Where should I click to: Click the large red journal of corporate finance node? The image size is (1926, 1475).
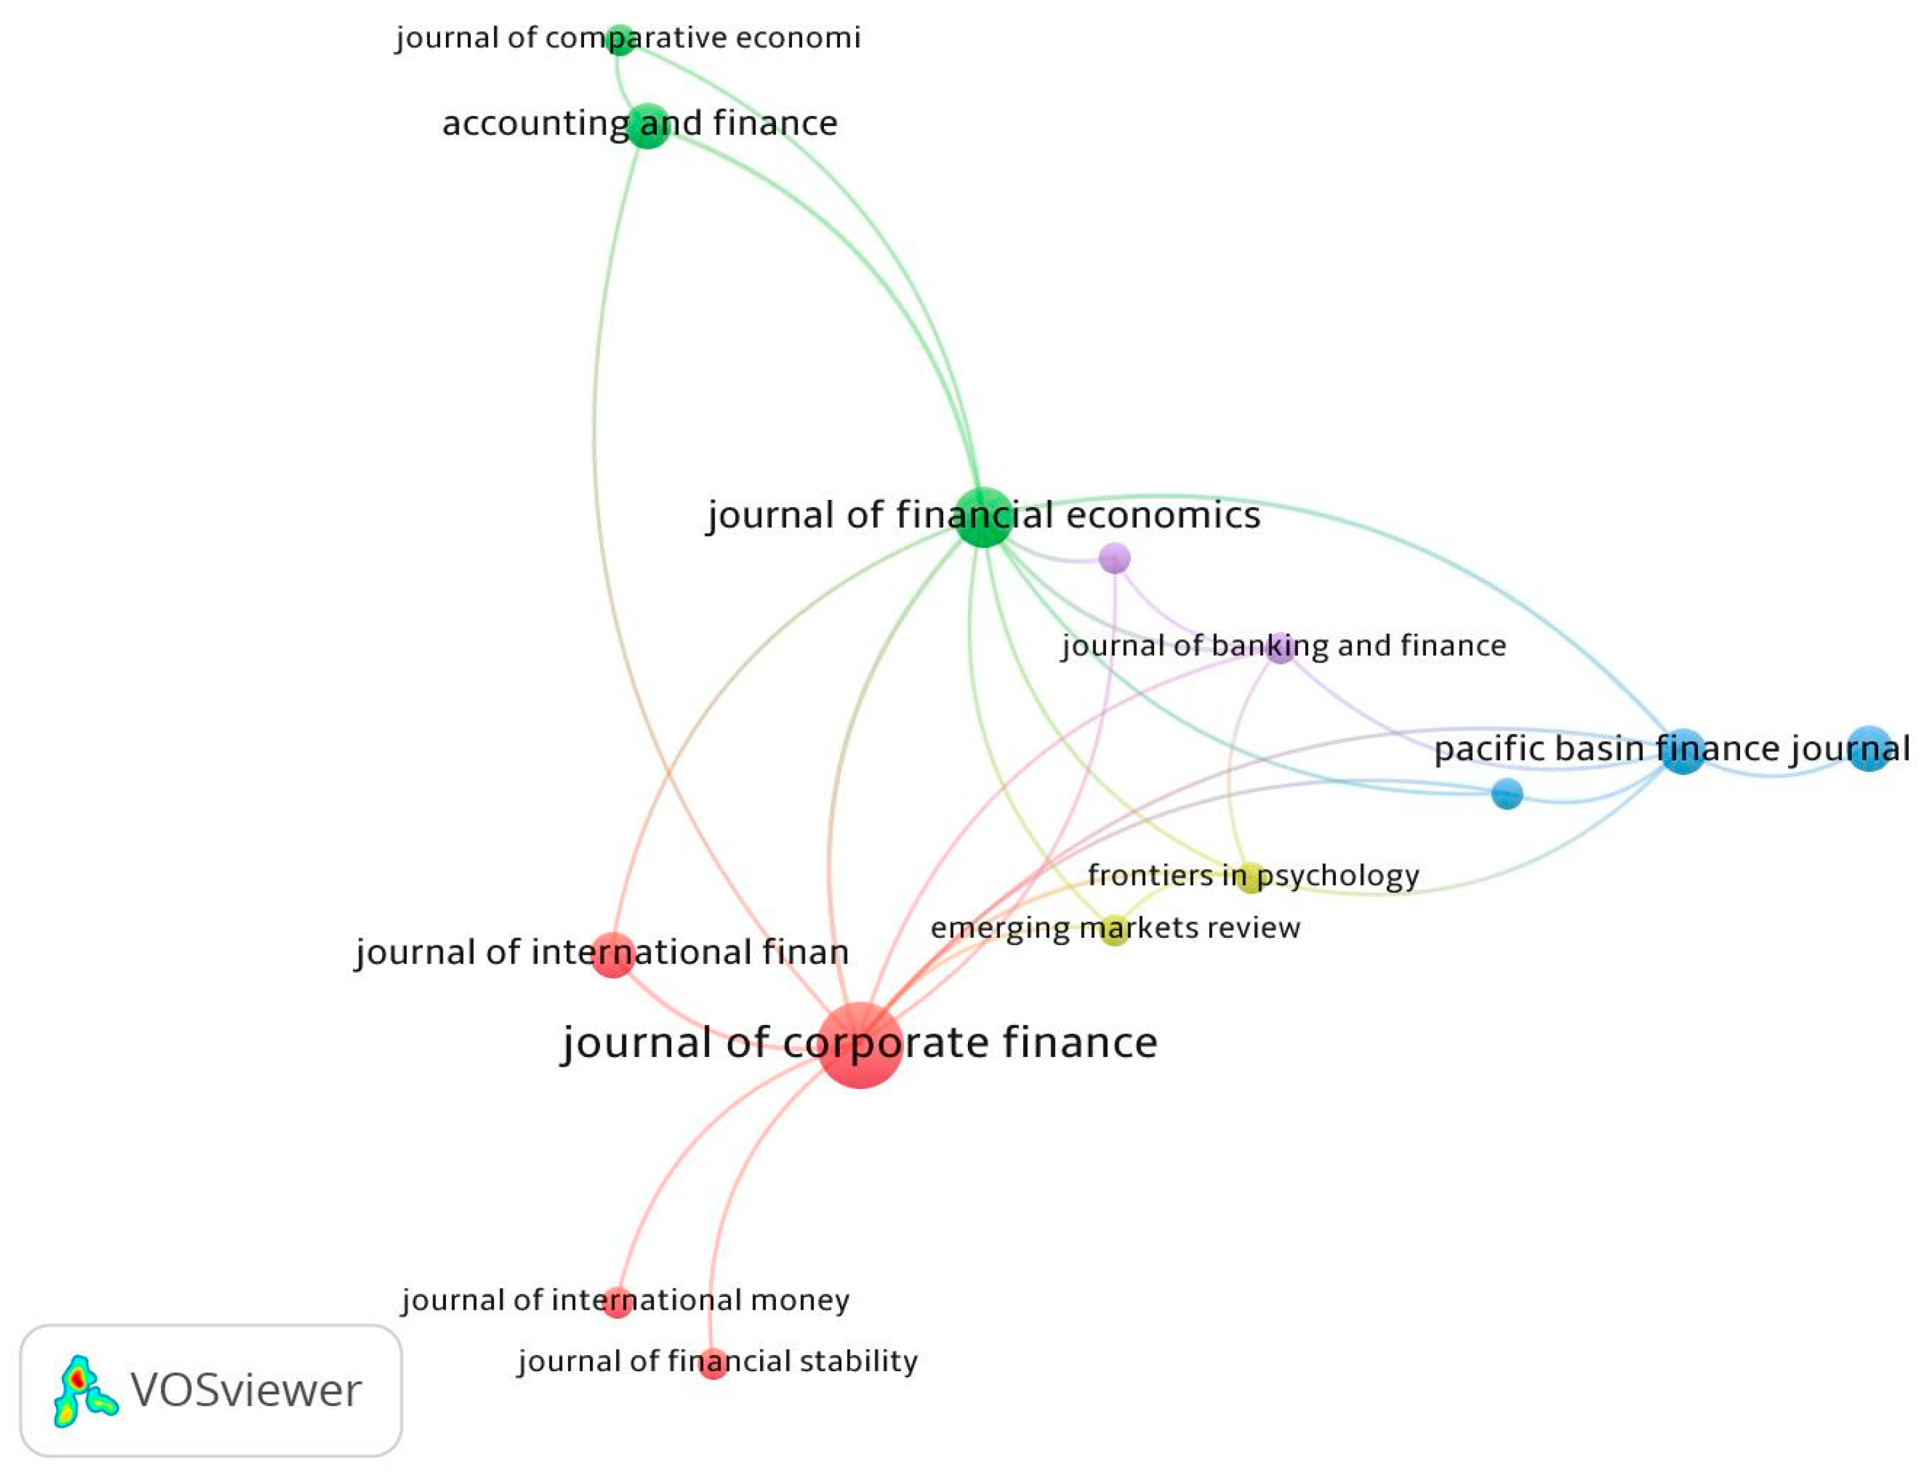click(860, 1045)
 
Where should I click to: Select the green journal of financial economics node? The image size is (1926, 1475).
click(983, 517)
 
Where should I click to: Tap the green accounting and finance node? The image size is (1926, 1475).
click(648, 125)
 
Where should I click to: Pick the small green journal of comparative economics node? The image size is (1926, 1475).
click(621, 39)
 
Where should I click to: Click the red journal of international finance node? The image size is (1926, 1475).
click(612, 954)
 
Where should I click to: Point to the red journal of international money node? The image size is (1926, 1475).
click(617, 1302)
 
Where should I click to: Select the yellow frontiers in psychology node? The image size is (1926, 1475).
click(1250, 878)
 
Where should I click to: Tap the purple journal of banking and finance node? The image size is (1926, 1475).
click(1281, 648)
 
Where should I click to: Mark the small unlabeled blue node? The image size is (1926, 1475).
click(1507, 794)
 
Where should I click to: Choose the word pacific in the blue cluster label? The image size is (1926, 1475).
click(1483, 749)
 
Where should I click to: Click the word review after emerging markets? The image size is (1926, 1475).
click(1255, 928)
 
